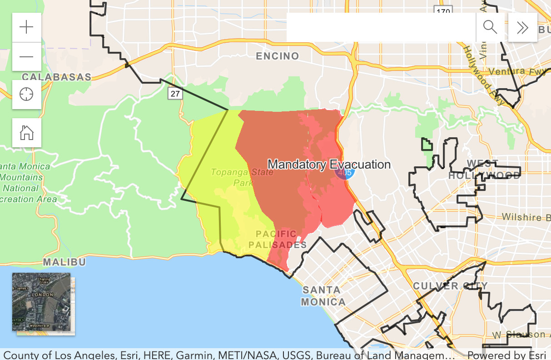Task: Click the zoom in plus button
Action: (27, 27)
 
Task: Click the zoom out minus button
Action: (27, 56)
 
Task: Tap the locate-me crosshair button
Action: (27, 95)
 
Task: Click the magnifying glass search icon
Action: (490, 27)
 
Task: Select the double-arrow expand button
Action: (522, 27)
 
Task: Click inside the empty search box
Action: (381, 27)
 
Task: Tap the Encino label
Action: (278, 56)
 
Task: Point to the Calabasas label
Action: (57, 77)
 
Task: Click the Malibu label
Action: (65, 262)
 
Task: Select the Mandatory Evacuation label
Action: (329, 165)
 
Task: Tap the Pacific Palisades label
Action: (277, 240)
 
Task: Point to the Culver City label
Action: (450, 286)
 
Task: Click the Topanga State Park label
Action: (242, 177)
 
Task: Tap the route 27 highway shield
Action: (175, 94)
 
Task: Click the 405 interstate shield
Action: (345, 173)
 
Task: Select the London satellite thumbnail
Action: (41, 302)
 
